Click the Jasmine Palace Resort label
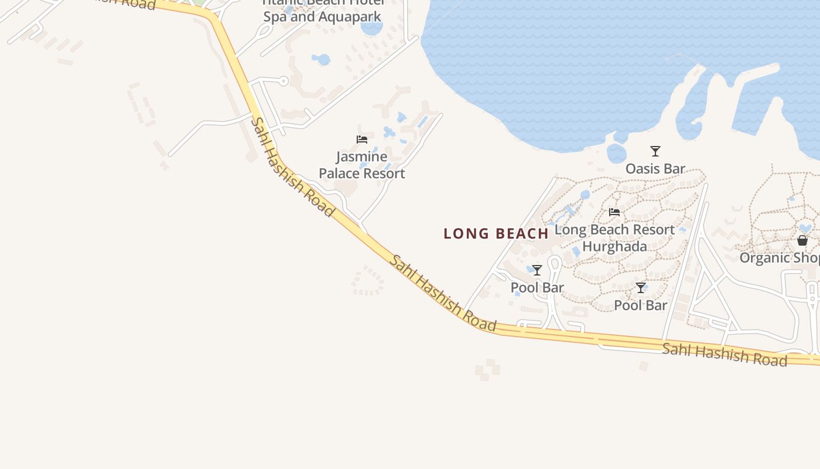pyautogui.click(x=361, y=165)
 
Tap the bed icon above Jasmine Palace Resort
pyautogui.click(x=362, y=140)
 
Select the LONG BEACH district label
pyautogui.click(x=496, y=233)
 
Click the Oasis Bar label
pyautogui.click(x=655, y=169)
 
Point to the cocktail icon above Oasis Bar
pyautogui.click(x=655, y=151)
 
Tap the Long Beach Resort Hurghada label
pyautogui.click(x=614, y=237)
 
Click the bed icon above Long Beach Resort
pyautogui.click(x=614, y=212)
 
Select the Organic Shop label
pyautogui.click(x=779, y=258)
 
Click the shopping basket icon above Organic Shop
pyautogui.click(x=802, y=240)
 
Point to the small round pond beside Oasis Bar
pyautogui.click(x=616, y=154)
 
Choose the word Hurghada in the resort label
pyautogui.click(x=614, y=246)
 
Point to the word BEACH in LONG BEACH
pyautogui.click(x=522, y=233)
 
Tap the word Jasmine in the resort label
pyautogui.click(x=361, y=157)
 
